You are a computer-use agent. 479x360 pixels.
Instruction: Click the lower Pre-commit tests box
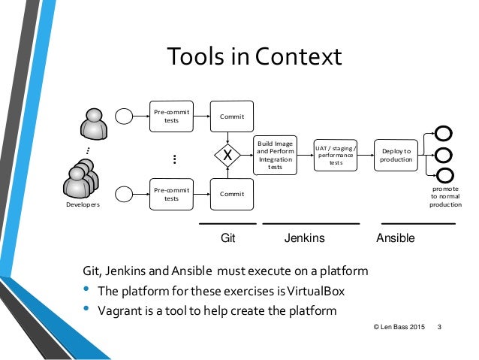pos(171,194)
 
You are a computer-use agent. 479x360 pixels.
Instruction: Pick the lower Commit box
pos(232,194)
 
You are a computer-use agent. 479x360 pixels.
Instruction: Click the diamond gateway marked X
pos(227,156)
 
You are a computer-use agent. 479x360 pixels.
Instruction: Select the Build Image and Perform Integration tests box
pos(276,156)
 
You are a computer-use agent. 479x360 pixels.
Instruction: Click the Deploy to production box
pos(396,155)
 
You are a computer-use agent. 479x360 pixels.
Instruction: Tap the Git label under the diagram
pos(228,238)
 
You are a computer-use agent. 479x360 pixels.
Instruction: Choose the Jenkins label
pos(304,238)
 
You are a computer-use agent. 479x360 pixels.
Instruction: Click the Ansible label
pos(395,238)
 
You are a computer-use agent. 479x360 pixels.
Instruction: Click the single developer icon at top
pos(94,123)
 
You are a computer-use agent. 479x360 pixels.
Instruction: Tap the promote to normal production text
pos(445,196)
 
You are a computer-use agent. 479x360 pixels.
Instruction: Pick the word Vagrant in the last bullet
pos(120,310)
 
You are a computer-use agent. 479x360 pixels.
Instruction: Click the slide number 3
pos(438,327)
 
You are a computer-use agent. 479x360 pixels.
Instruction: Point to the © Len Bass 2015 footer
pos(399,327)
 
